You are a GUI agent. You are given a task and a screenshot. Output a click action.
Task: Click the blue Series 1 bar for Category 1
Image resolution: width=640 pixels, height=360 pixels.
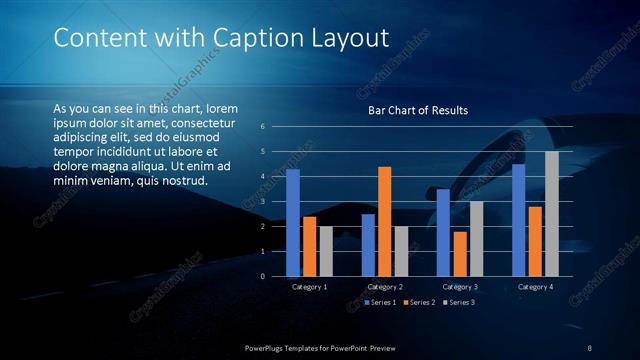293,222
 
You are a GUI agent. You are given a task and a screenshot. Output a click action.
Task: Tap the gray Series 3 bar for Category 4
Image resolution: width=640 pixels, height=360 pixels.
552,213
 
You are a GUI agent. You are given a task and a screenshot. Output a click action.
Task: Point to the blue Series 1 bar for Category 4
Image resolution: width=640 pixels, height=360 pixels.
518,220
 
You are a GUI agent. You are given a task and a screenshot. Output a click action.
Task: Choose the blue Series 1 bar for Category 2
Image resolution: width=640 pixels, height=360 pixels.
368,245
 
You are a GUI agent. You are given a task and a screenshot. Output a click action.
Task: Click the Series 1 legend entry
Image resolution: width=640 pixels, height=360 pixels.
382,302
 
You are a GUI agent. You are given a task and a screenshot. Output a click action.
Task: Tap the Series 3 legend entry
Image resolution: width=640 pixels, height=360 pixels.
459,302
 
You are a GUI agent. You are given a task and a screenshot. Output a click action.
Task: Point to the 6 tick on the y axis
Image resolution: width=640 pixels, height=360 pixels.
262,127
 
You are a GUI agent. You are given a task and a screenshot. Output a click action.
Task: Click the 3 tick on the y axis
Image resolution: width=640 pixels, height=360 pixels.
262,201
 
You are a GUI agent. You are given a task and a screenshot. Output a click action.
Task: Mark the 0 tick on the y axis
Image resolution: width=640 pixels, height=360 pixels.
262,276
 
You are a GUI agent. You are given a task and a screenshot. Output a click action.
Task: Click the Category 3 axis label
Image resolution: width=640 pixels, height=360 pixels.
460,287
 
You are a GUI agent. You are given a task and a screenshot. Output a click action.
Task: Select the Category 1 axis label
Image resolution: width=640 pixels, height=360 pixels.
310,287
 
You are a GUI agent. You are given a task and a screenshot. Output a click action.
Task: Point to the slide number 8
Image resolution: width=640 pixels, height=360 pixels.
589,348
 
